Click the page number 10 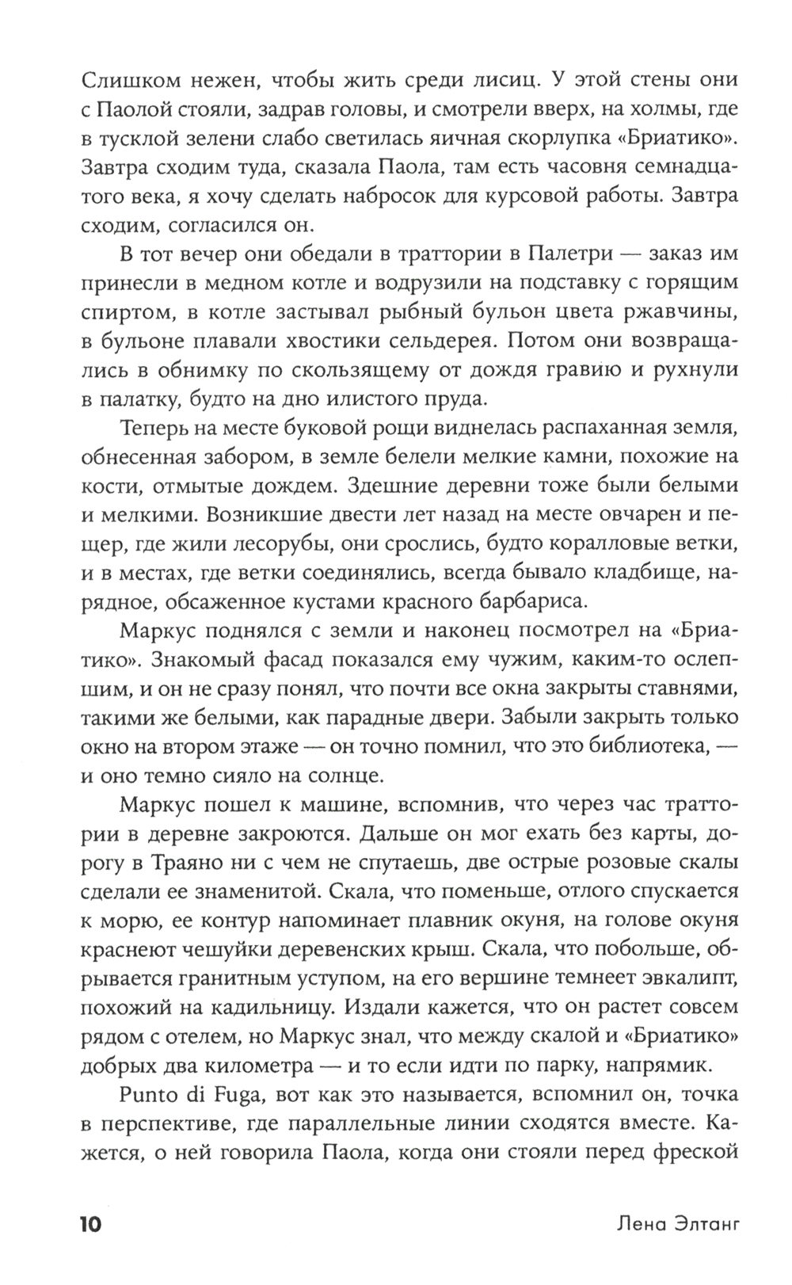[x=89, y=1225]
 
